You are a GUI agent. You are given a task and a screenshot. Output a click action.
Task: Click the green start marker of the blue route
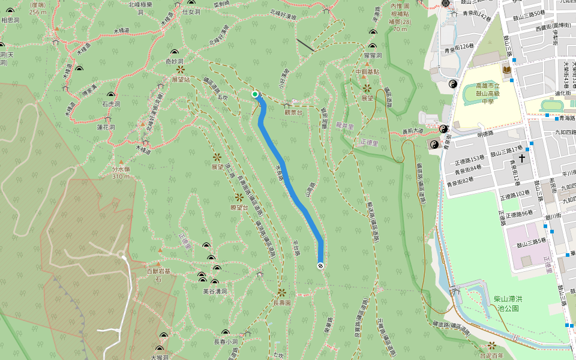[255, 94]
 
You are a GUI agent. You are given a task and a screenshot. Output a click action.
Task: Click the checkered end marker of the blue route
[320, 265]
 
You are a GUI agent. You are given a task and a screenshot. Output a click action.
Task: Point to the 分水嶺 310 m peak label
[121, 173]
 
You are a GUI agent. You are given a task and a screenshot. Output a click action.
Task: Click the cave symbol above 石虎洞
[111, 95]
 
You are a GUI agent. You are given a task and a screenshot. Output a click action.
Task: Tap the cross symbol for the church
[522, 158]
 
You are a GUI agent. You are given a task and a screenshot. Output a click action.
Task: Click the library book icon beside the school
[507, 70]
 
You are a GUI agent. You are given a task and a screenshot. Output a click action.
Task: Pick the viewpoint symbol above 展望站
[180, 69]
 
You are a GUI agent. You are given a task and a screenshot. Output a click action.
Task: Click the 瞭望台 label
[239, 207]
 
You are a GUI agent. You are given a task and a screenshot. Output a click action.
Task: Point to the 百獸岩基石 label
[159, 275]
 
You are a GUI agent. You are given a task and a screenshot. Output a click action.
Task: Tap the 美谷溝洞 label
[215, 291]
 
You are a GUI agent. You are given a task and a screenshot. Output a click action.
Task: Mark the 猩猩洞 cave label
[373, 55]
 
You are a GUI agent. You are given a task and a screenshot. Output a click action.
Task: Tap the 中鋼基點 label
[367, 71]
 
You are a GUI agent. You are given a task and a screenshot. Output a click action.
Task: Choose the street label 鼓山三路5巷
[528, 240]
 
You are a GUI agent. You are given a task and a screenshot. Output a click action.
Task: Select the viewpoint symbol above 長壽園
[281, 292]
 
